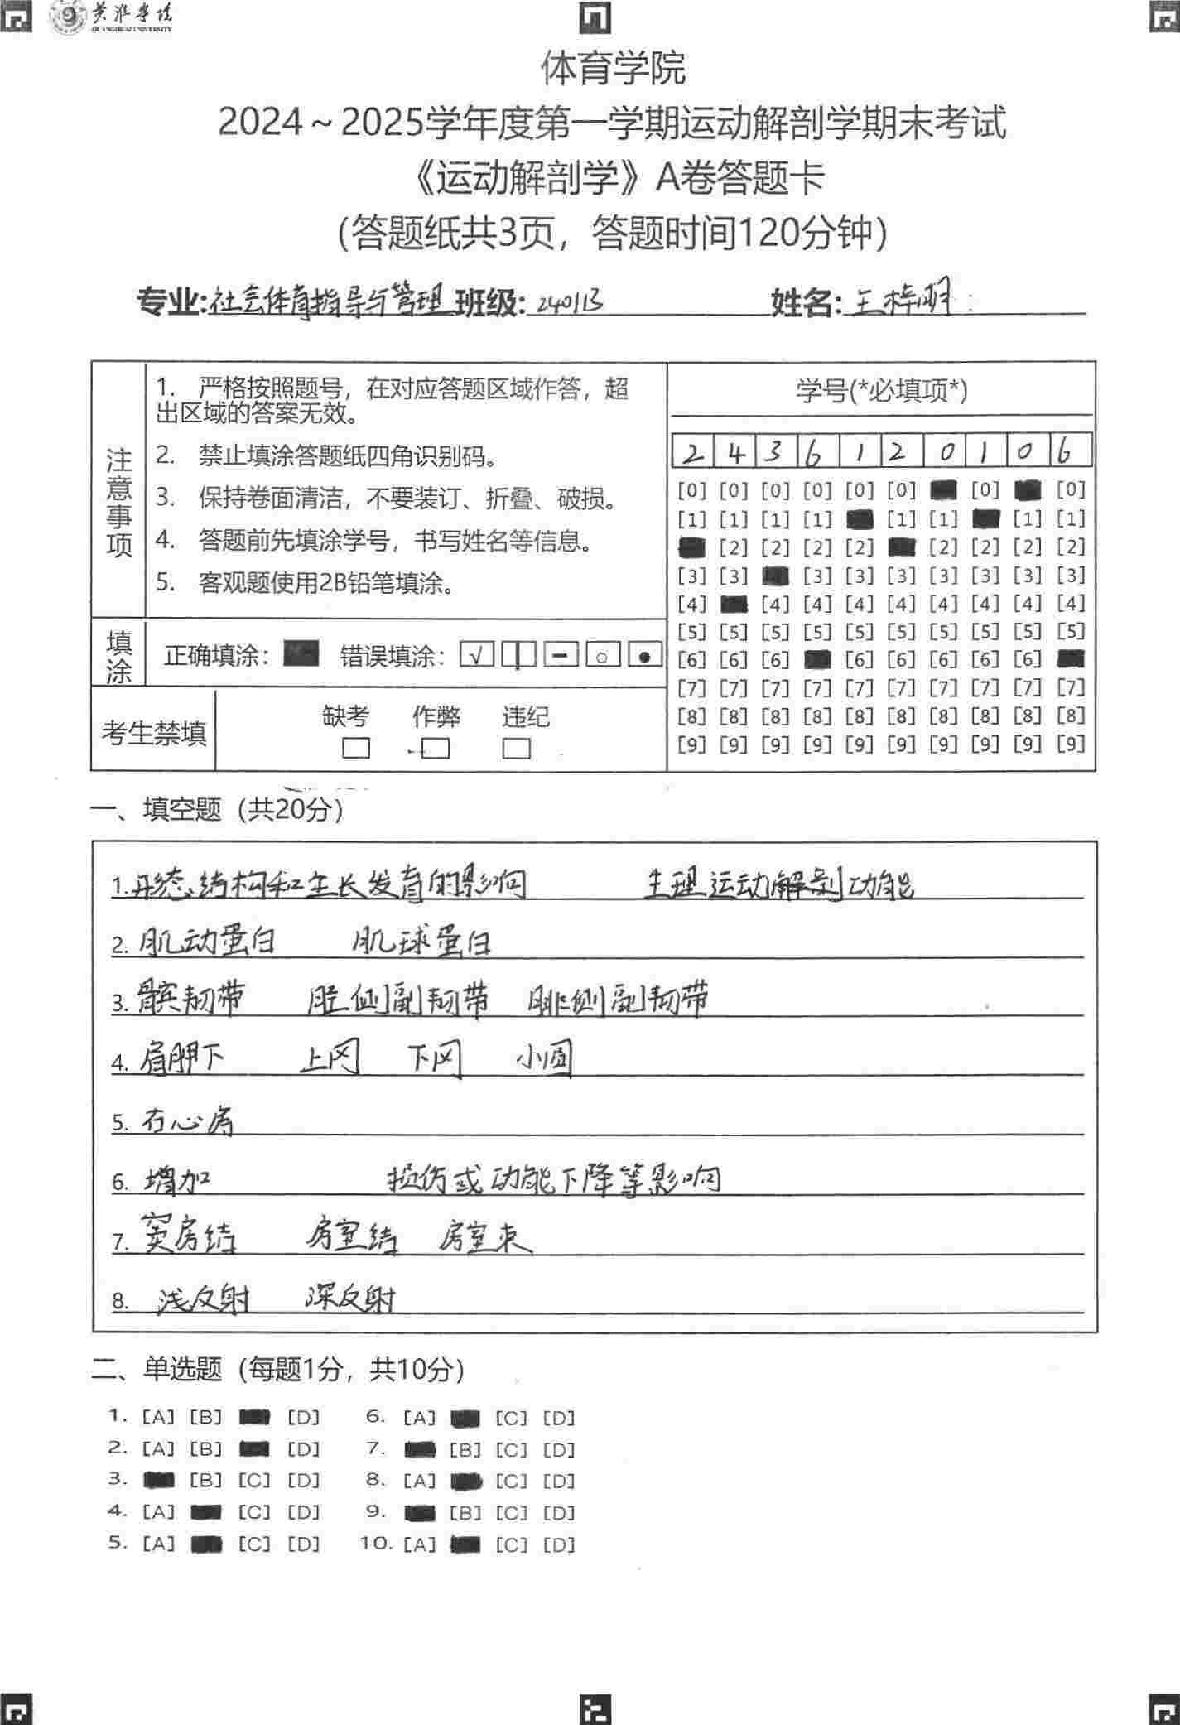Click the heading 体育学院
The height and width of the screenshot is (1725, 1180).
click(614, 68)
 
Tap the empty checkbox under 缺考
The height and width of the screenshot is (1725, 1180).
click(356, 749)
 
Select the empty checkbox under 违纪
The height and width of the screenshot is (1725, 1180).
click(516, 749)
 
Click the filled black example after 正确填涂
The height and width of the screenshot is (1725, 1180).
click(301, 655)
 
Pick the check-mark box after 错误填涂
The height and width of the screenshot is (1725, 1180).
click(476, 656)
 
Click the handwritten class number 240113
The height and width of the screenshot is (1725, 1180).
click(569, 302)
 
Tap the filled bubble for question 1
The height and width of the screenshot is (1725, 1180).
click(254, 1417)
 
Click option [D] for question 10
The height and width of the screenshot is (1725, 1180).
click(558, 1544)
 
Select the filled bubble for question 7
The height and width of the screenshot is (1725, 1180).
click(420, 1449)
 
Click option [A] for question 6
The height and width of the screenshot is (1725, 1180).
click(419, 1418)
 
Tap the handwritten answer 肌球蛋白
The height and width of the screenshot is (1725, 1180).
click(421, 942)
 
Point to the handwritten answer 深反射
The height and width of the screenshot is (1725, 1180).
click(350, 1298)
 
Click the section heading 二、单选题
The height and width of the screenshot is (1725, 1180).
click(157, 1370)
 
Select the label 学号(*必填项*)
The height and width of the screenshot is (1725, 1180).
click(881, 390)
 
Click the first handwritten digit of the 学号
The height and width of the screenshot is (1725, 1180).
click(694, 452)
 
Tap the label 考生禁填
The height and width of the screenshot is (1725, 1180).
click(154, 733)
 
